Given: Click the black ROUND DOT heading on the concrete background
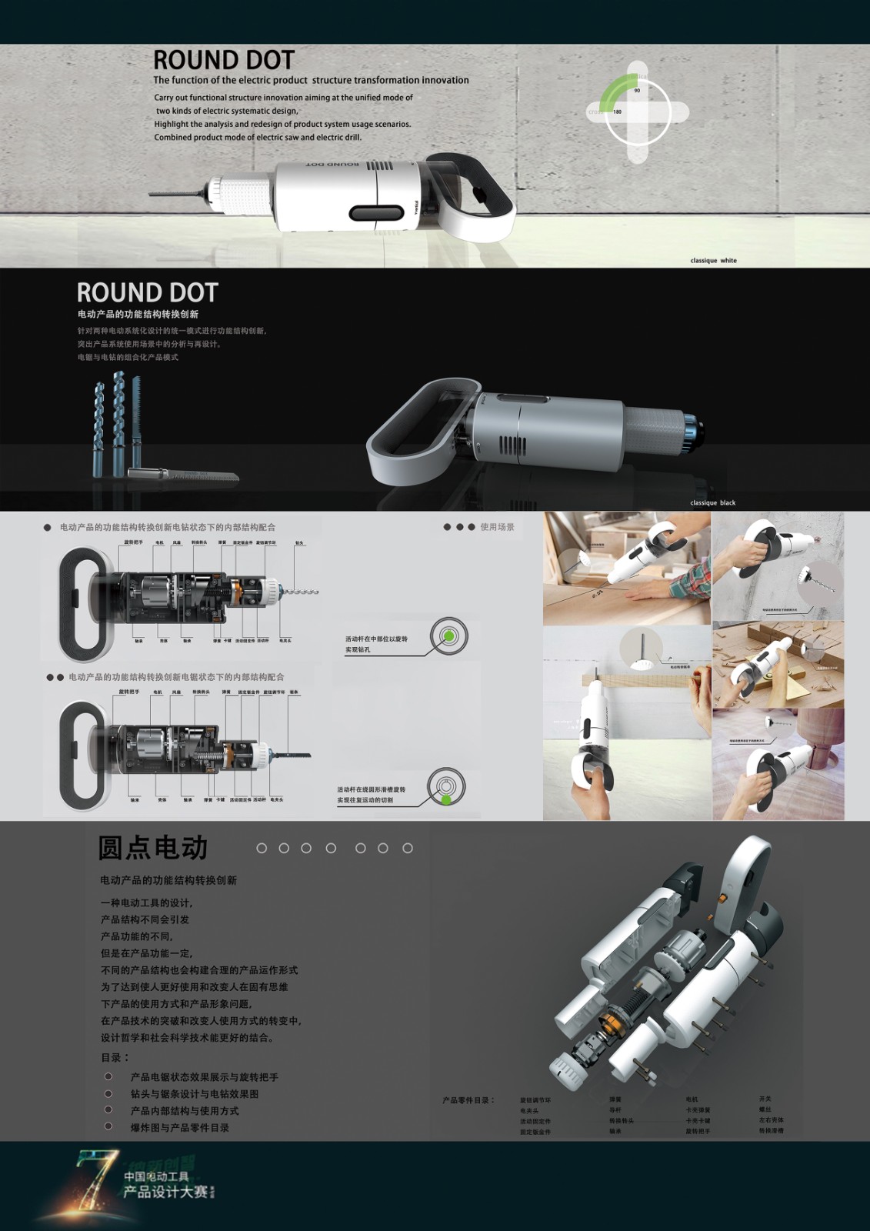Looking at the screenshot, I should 223,60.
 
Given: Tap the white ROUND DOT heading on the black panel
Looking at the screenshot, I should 147,292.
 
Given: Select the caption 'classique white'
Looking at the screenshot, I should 713,261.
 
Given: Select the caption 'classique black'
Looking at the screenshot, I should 712,503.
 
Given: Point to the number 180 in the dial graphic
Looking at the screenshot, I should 617,112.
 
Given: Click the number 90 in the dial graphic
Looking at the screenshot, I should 637,91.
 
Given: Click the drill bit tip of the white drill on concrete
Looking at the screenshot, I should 154,194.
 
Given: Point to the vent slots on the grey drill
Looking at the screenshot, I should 513,445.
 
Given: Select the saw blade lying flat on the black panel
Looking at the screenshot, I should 185,475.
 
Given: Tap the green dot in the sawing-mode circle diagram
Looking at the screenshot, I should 446,800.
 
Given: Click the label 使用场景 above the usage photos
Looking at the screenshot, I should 497,527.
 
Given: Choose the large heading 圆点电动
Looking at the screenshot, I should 153,848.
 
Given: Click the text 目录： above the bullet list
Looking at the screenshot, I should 115,1057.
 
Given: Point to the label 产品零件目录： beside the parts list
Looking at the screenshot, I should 468,1100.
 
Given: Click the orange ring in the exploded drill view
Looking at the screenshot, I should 612,1022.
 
